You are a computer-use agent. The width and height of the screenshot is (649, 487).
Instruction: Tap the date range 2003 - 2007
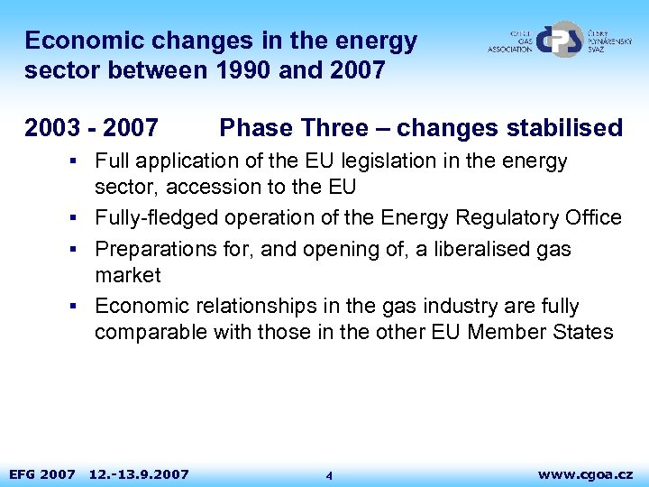(x=92, y=128)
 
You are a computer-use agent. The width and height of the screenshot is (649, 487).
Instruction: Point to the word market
(x=127, y=275)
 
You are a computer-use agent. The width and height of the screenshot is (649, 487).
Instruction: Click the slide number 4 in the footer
(x=329, y=475)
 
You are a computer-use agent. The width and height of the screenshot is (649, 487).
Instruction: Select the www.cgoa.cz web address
(x=585, y=473)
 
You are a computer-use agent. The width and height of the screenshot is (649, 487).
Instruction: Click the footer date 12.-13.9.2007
(x=139, y=473)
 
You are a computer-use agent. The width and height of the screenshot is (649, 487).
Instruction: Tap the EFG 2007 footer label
(x=41, y=473)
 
